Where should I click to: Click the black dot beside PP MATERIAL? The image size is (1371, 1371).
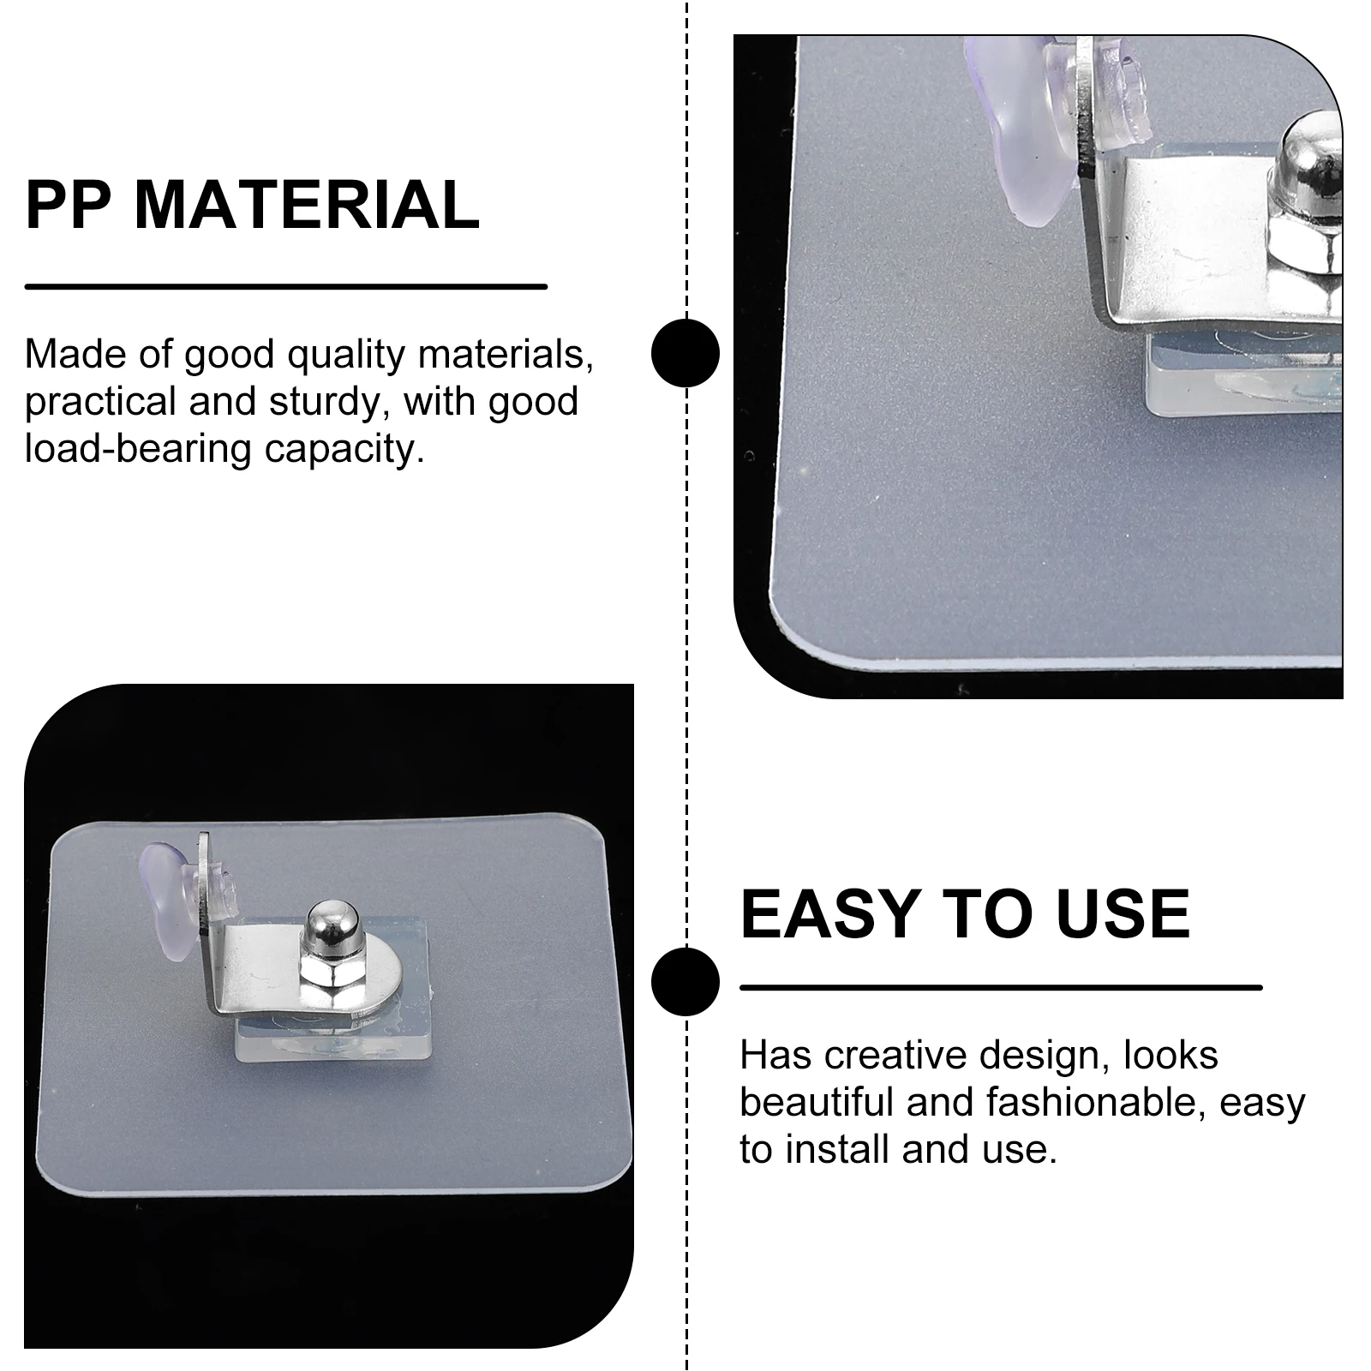685,352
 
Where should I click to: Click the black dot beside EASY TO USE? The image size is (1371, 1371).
685,981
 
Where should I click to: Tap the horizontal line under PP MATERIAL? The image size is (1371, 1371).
285,286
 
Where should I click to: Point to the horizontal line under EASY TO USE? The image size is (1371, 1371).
1000,987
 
